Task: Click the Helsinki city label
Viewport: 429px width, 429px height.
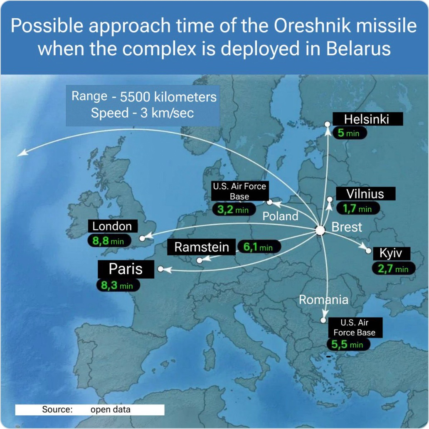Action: (367, 119)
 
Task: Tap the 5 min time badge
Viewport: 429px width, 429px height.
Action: (349, 133)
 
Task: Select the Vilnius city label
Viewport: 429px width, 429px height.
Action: (365, 194)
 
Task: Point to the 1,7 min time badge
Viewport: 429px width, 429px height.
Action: (357, 209)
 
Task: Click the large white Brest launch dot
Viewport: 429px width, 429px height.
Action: (320, 230)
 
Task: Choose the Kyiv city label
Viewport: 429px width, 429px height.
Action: (391, 253)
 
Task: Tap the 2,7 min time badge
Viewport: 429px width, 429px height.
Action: (393, 269)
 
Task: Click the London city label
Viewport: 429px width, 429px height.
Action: (113, 226)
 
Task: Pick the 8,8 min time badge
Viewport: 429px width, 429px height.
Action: (109, 241)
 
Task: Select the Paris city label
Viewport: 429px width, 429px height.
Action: (126, 269)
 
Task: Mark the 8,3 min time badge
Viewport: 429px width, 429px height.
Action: (118, 285)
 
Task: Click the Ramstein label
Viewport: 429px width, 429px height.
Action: (201, 247)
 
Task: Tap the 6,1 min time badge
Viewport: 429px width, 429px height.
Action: (259, 247)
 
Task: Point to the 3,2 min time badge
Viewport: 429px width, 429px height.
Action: (234, 210)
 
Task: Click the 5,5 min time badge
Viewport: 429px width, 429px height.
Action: (348, 344)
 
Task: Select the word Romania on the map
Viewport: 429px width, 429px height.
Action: (323, 300)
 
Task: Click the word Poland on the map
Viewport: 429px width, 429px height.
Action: (280, 216)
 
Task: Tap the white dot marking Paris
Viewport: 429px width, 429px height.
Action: (161, 269)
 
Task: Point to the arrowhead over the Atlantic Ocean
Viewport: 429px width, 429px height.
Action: (22, 153)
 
